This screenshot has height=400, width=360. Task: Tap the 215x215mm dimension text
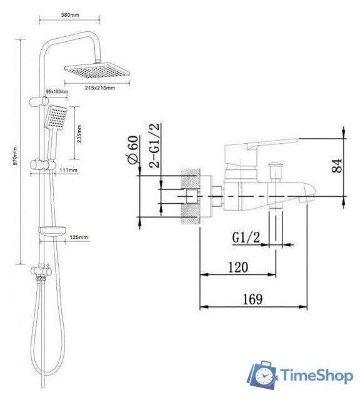point(99,87)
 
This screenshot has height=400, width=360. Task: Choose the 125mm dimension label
point(79,237)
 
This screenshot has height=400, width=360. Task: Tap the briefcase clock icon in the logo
point(262,376)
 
